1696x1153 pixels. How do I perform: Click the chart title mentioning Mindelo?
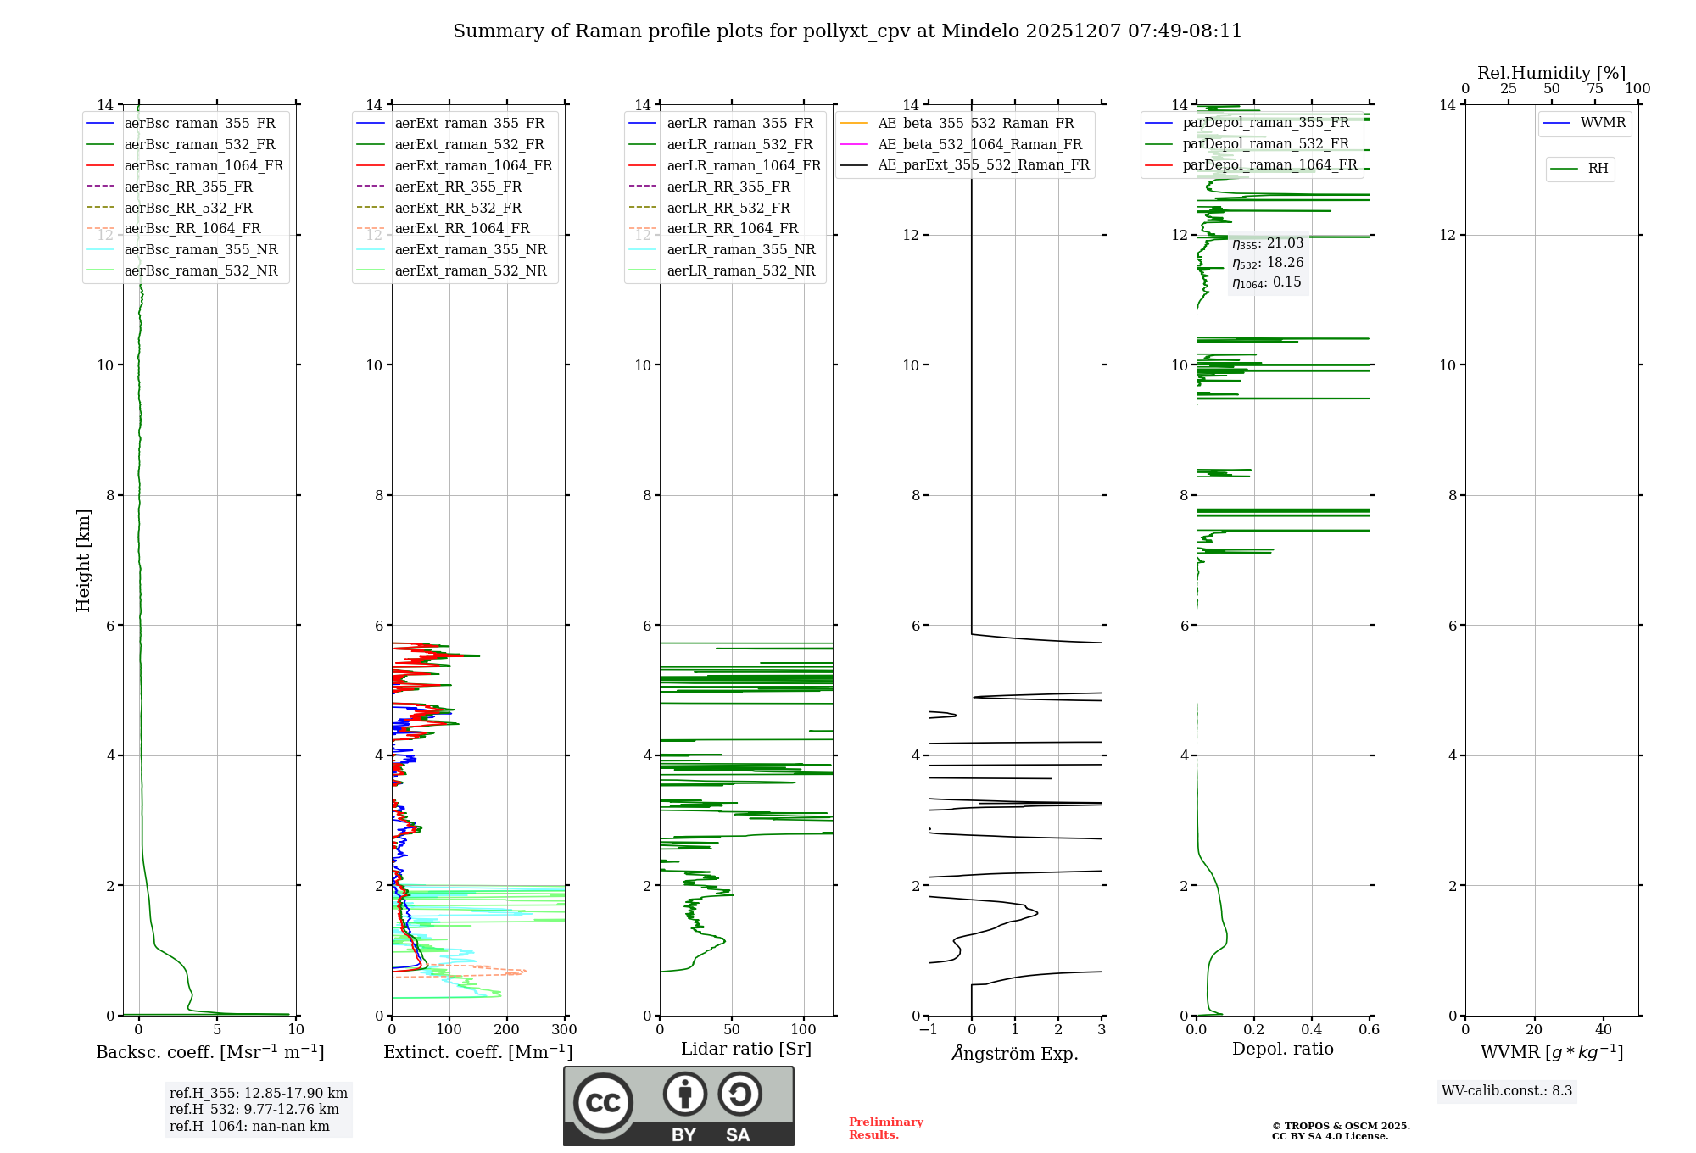847,31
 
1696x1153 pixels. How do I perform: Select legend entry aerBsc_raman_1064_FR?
204,165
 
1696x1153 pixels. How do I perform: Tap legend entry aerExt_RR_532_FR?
458,208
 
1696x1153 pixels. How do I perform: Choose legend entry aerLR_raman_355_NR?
740,249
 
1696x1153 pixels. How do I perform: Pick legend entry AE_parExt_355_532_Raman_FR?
983,164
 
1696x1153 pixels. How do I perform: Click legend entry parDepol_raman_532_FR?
1265,144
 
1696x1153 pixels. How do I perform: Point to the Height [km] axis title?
83,560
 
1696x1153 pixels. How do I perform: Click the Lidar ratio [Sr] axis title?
746,1049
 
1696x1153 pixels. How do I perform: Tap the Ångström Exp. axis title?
1015,1053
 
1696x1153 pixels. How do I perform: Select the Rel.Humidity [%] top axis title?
1551,73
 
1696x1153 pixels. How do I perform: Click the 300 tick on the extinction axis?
564,1029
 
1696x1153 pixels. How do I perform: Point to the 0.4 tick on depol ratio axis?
1311,1029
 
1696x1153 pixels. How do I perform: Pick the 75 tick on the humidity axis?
1594,89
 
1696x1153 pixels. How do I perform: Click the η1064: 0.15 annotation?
1267,282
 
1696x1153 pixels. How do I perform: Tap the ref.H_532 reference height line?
254,1109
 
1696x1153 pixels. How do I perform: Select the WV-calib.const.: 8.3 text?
1506,1090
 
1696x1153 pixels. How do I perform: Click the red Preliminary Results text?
885,1128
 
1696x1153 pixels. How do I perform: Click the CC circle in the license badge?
603,1102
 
